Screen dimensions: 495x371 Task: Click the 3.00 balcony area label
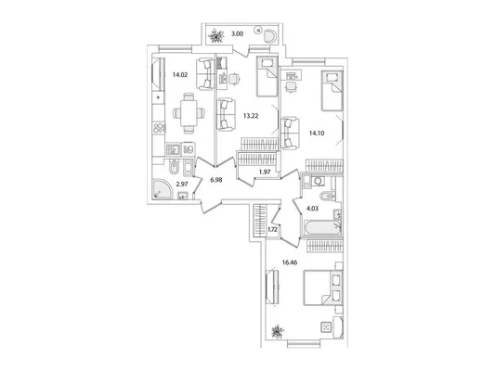point(238,34)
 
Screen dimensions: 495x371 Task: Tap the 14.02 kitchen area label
point(180,75)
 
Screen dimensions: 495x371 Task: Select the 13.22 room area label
point(251,116)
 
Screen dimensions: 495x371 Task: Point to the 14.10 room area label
point(317,133)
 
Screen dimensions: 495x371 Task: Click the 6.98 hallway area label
point(216,180)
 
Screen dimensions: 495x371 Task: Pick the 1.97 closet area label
point(265,172)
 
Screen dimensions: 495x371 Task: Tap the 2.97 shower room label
point(182,184)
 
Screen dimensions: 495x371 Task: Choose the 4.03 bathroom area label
point(313,209)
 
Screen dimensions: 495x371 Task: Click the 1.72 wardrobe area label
point(272,229)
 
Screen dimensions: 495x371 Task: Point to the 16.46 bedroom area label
point(290,262)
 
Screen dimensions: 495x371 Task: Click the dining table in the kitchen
point(189,113)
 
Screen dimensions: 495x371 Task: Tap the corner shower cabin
point(163,189)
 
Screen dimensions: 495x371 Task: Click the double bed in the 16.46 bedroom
point(322,288)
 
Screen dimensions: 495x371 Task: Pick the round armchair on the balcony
point(270,35)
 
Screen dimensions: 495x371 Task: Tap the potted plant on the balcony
point(216,35)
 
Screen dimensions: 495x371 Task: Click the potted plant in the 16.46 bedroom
point(278,331)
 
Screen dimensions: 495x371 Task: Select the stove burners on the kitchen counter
point(159,128)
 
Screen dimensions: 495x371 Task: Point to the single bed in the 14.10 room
point(332,91)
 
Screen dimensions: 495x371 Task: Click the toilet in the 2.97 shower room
point(174,167)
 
